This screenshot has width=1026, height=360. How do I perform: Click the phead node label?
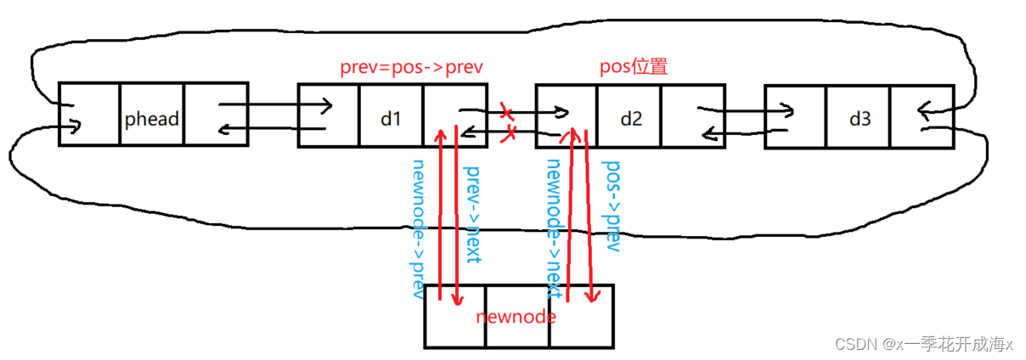coord(152,119)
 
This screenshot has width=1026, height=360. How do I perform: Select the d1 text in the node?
coord(390,119)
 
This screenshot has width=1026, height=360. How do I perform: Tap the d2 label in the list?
coord(631,119)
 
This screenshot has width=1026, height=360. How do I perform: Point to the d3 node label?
coord(860,119)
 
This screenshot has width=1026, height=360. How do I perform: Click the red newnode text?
coord(516,317)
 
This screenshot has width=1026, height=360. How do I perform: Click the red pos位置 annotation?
coord(634,67)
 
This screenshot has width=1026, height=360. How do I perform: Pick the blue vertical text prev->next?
coord(471,212)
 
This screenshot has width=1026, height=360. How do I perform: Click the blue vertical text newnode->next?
coord(555,229)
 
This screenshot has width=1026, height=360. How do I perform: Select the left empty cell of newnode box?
coord(455,316)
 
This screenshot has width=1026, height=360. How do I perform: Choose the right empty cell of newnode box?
coord(581,316)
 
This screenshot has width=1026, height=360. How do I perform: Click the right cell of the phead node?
coord(216,115)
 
